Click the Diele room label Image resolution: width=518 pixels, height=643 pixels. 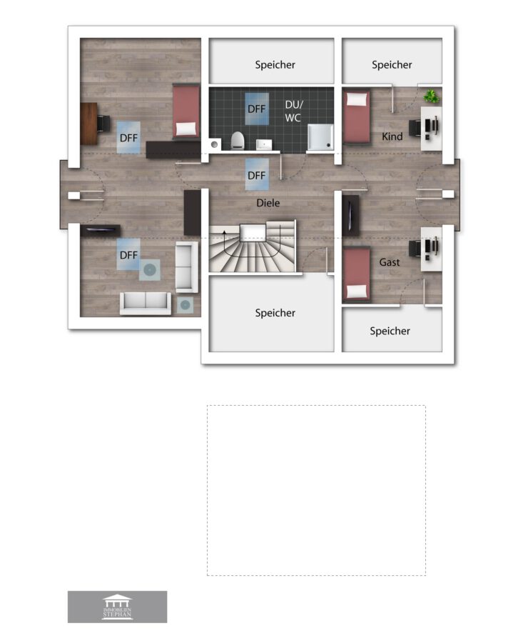268,203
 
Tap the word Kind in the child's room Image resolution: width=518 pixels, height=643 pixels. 392,136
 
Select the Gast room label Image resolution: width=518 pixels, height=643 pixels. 389,262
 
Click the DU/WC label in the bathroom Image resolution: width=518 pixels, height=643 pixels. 293,111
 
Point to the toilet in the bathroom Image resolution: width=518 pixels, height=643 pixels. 238,140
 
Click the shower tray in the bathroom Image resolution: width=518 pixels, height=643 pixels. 320,137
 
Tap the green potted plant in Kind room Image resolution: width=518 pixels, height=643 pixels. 431,96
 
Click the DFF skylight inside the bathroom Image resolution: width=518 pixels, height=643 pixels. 257,109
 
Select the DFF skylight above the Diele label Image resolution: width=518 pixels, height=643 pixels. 257,175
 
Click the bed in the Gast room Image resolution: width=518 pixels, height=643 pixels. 356,274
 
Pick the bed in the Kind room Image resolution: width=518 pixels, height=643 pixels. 356,117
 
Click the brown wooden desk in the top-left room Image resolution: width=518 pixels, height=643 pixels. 89,124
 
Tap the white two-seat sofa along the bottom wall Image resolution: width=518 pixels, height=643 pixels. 146,304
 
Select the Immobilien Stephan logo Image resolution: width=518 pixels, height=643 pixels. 117,607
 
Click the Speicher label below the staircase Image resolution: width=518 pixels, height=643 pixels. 275,313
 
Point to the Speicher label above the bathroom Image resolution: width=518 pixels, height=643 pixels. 275,65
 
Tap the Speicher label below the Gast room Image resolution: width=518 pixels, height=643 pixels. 390,331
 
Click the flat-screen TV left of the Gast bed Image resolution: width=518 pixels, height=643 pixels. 350,216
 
